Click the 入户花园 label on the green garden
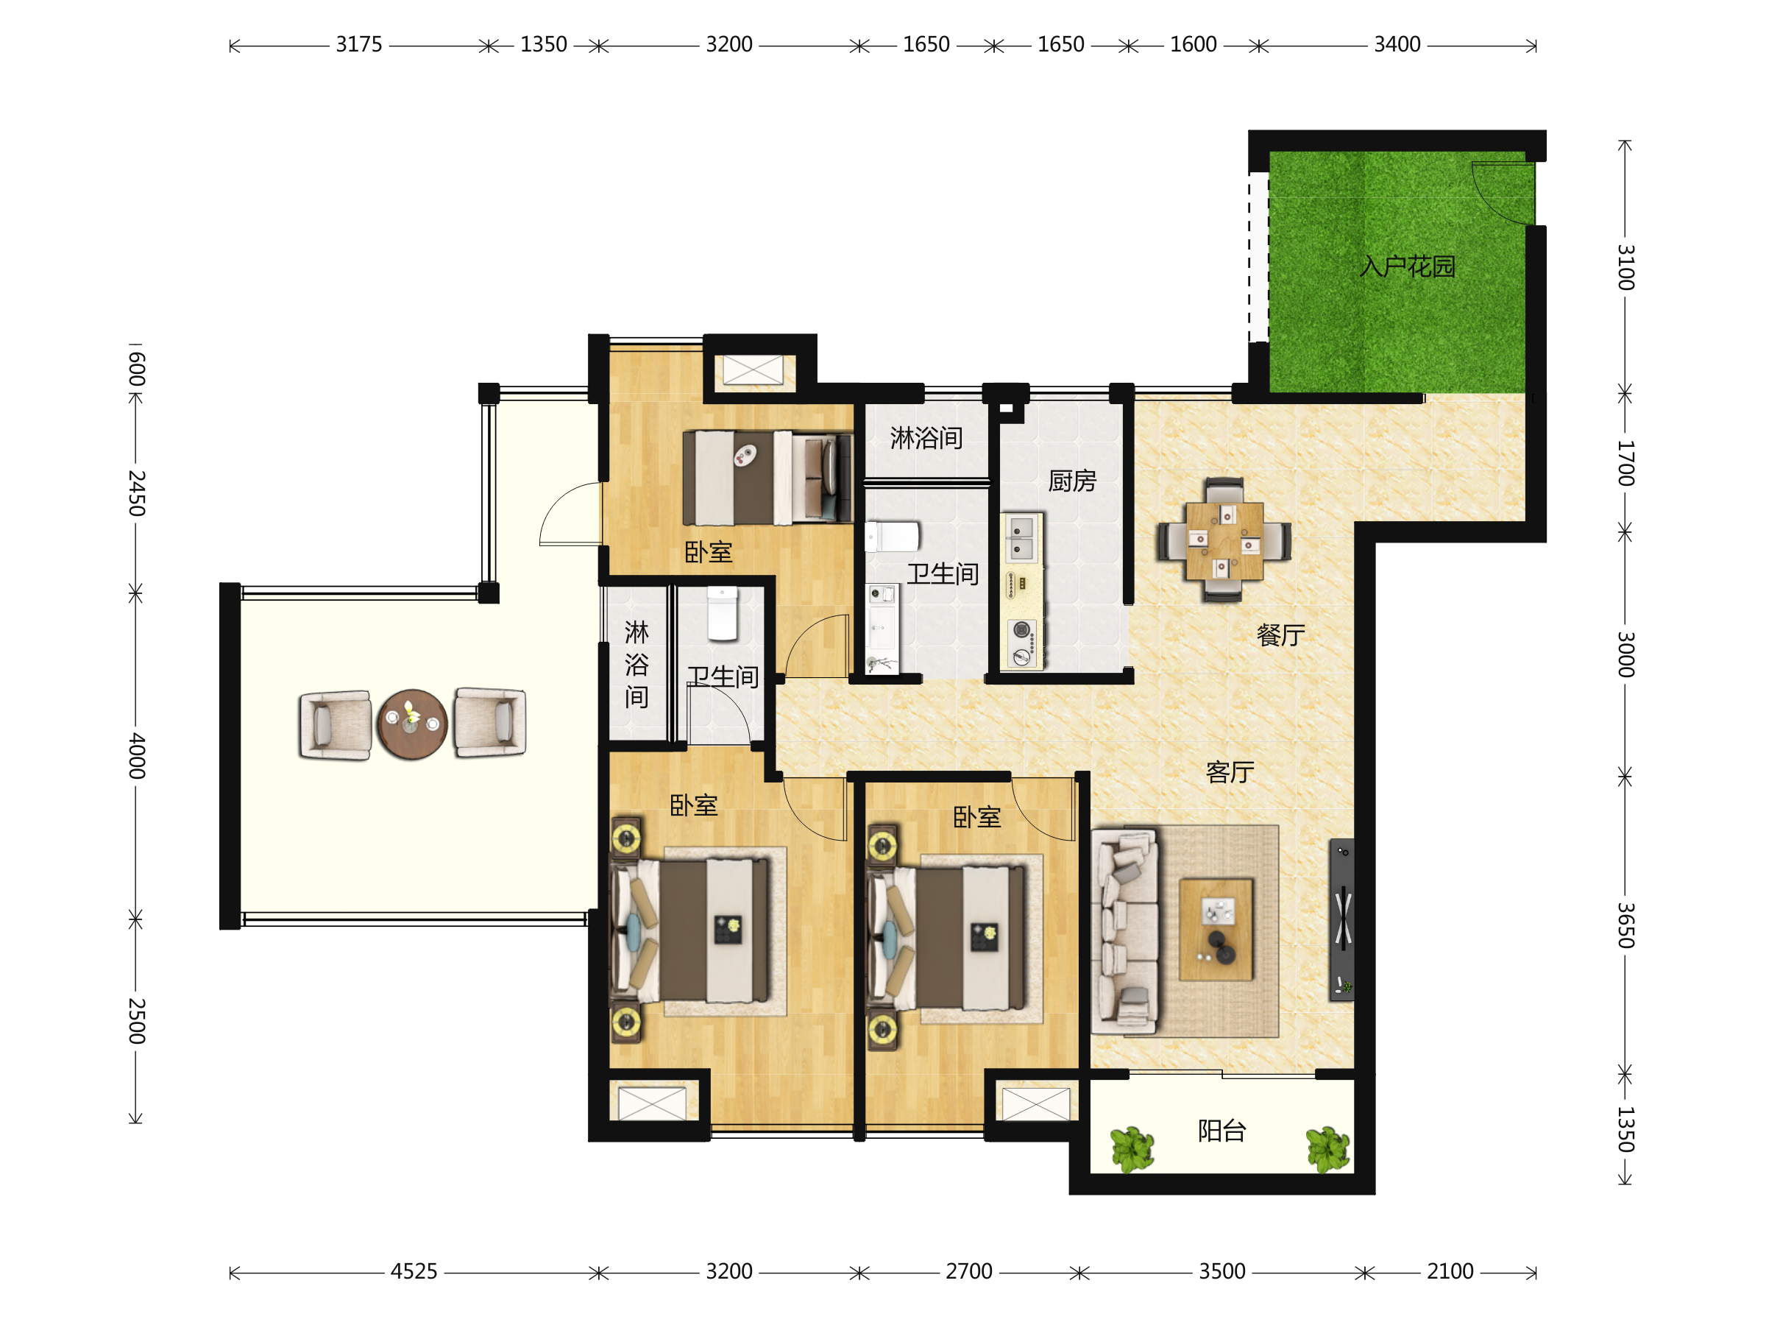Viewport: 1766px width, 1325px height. tap(1407, 266)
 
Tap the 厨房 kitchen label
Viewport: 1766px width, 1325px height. tap(1071, 481)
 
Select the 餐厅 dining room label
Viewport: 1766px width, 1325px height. tap(1280, 635)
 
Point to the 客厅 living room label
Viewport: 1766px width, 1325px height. tap(1230, 772)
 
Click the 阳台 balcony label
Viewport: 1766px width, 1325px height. tap(1221, 1130)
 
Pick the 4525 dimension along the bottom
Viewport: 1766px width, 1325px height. tap(414, 1271)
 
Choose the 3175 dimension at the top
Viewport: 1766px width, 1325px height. tap(358, 45)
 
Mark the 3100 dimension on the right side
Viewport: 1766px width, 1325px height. tap(1625, 266)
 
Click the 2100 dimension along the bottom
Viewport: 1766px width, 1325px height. tap(1450, 1271)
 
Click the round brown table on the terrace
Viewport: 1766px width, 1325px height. tap(412, 724)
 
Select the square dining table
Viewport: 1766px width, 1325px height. tap(1224, 541)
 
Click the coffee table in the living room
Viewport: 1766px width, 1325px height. tap(1216, 930)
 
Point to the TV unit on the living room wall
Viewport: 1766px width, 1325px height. tap(1341, 919)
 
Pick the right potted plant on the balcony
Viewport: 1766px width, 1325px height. tap(1327, 1149)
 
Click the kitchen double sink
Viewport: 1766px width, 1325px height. tap(1022, 538)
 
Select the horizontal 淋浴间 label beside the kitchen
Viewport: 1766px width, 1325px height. tap(926, 438)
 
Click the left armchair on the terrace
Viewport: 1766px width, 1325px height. tap(336, 725)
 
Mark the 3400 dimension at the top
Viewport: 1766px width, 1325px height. tap(1397, 45)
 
